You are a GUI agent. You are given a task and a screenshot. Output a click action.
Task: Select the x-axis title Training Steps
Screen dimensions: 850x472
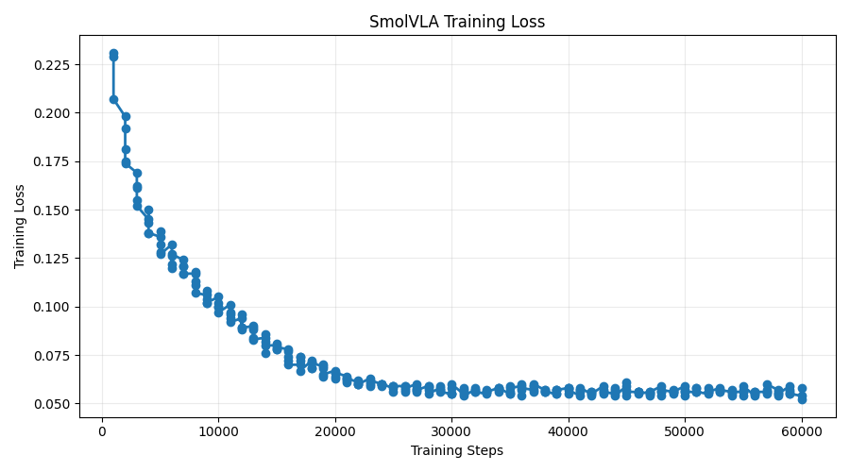(457, 450)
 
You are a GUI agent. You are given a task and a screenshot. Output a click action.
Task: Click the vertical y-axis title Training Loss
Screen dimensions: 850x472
(20, 227)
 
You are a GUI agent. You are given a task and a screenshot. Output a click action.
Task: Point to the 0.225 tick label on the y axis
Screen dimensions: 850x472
(52, 65)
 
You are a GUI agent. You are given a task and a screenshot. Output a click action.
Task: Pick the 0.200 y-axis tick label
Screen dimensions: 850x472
(52, 113)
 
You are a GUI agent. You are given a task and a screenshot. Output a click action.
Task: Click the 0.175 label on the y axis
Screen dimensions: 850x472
(52, 162)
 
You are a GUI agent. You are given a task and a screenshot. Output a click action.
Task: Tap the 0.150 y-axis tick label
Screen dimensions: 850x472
(52, 211)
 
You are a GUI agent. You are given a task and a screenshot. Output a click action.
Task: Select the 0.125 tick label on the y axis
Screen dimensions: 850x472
(52, 259)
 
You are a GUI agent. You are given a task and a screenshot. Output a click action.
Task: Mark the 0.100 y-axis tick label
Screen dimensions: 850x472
(52, 307)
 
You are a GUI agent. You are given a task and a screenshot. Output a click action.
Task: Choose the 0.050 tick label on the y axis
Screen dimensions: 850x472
(52, 404)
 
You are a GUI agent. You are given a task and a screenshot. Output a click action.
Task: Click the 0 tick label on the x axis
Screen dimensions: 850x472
(102, 432)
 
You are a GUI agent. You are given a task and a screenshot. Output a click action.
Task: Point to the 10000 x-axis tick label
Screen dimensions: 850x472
(218, 432)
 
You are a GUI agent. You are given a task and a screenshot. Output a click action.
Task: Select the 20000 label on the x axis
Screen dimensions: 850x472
(335, 432)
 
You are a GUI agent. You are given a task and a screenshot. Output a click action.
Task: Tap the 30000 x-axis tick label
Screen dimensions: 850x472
(451, 432)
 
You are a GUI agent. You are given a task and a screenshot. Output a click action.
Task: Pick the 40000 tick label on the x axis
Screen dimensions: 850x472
(569, 432)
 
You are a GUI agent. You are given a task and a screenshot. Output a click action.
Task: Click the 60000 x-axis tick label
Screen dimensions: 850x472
(802, 432)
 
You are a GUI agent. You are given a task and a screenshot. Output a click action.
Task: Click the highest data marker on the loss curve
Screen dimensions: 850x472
(113, 54)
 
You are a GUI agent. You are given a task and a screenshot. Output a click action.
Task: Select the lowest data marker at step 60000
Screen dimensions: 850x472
(802, 399)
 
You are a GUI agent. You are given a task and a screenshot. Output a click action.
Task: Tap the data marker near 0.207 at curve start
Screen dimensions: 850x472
(113, 100)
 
